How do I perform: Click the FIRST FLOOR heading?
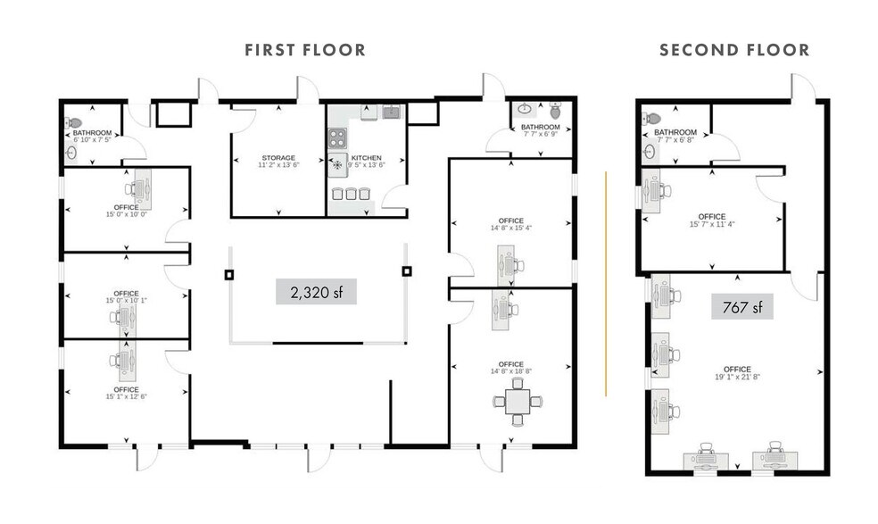point(305,50)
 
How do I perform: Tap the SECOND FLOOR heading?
point(734,50)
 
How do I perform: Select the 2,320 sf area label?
point(316,291)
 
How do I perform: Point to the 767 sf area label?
point(741,308)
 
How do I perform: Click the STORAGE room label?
point(277,158)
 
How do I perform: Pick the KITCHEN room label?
point(367,158)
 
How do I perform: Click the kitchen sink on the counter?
point(390,112)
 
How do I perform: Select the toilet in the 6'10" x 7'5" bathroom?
point(73,123)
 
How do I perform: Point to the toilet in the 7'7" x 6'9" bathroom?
point(556,112)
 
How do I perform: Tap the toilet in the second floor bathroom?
point(653,118)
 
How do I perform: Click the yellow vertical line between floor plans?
point(606,283)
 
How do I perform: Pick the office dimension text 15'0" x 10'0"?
point(126,213)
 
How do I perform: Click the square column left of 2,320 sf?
point(228,274)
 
